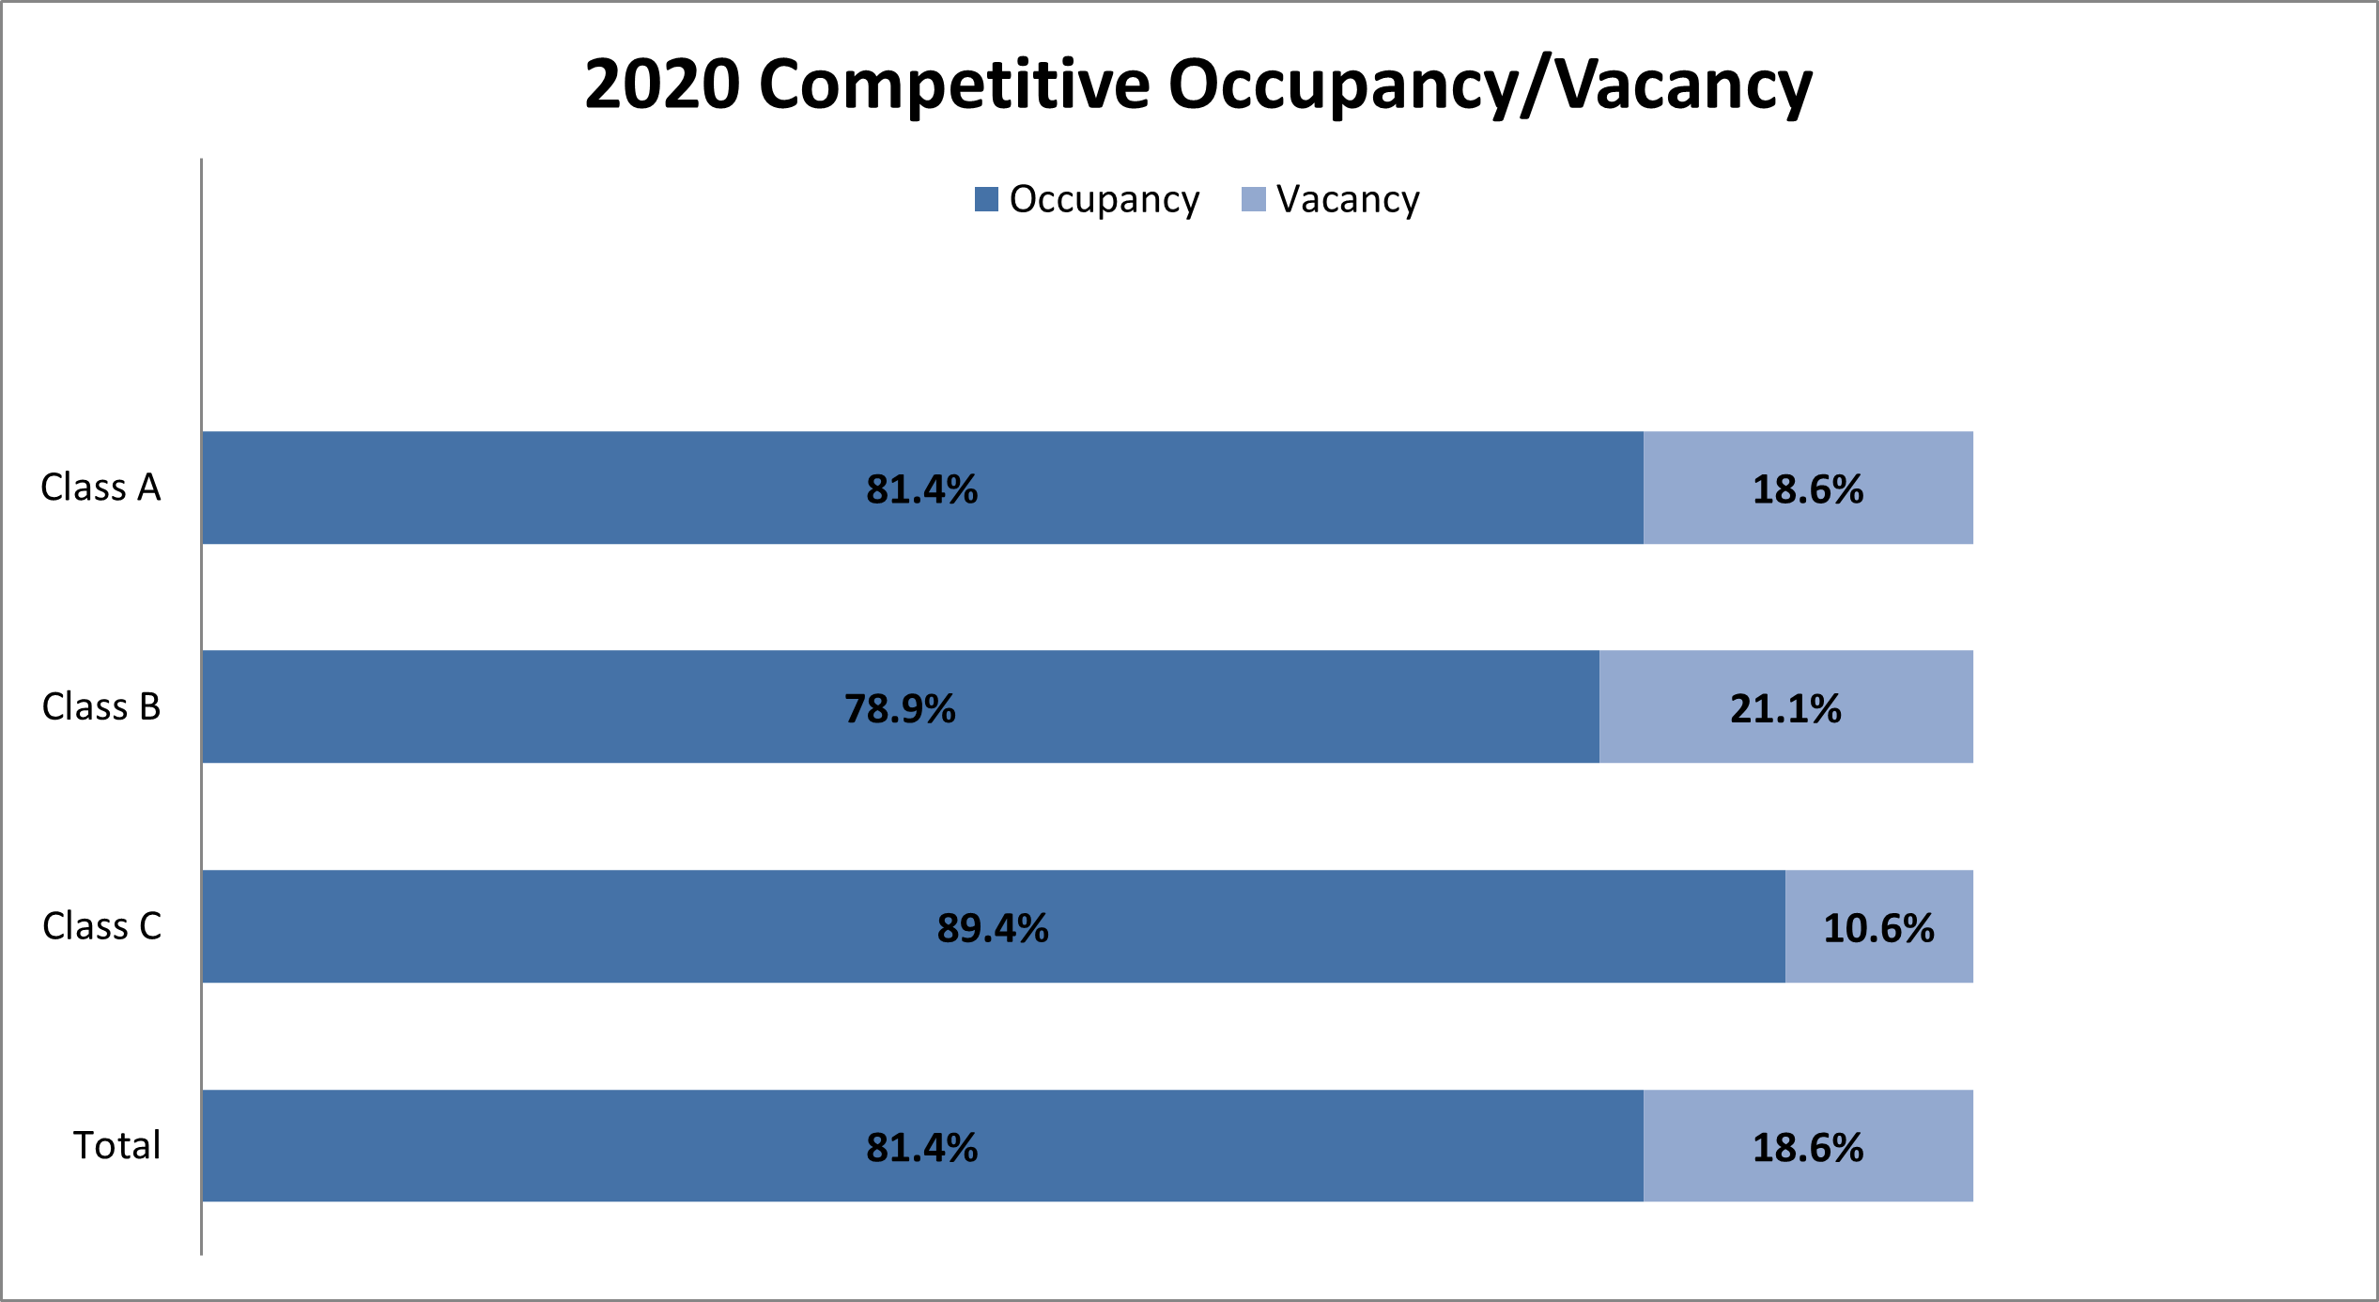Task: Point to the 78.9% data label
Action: [x=900, y=708]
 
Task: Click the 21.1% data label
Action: [x=1785, y=708]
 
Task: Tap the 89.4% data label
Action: [x=993, y=928]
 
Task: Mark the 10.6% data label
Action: [x=1878, y=928]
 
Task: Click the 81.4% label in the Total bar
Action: [x=921, y=1147]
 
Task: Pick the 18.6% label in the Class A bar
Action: [x=1808, y=489]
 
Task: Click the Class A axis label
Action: [x=100, y=488]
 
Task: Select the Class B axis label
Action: [x=100, y=706]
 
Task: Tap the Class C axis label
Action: [x=101, y=926]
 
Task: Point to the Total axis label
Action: [x=116, y=1145]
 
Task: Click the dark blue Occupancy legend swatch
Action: [x=986, y=199]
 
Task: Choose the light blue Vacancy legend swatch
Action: [x=1253, y=199]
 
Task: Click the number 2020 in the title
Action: [x=662, y=85]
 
